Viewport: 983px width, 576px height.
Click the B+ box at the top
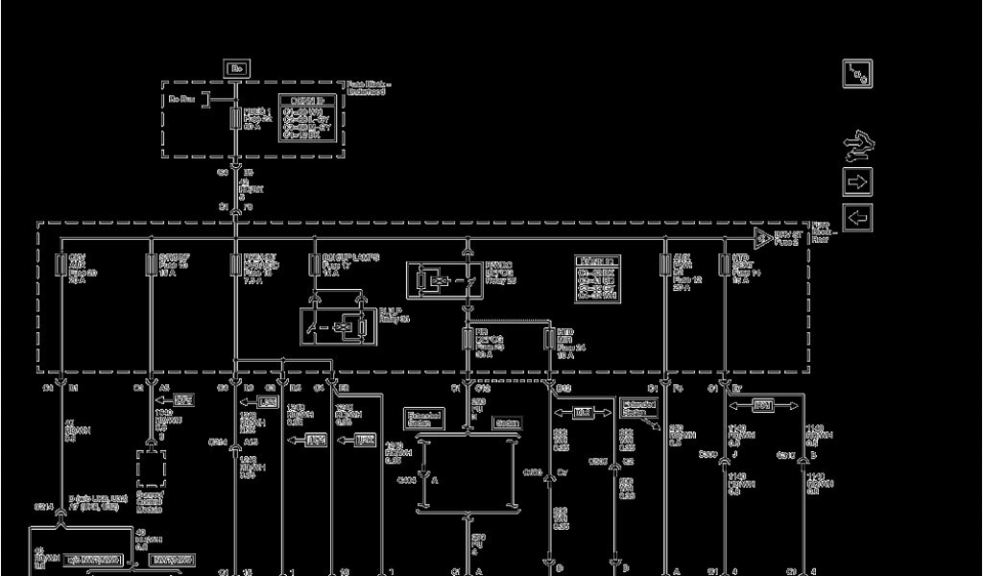[236, 68]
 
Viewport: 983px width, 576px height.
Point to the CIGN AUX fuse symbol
[61, 265]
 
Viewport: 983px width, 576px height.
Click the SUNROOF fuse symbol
[150, 265]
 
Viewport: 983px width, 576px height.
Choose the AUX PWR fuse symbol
[664, 265]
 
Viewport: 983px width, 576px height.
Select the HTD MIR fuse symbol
[548, 338]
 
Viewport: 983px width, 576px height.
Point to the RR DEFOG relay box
[443, 279]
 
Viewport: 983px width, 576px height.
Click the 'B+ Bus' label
[182, 98]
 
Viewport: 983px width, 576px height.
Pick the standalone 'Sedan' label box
[507, 422]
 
